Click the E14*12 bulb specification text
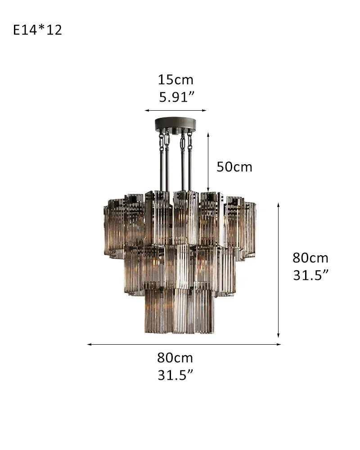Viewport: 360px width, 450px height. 37,30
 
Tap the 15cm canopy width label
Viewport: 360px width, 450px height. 175,80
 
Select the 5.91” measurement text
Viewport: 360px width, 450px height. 175,97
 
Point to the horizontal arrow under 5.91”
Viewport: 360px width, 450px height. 175,110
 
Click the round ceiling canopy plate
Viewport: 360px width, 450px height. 175,124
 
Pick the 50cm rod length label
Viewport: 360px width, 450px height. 234,167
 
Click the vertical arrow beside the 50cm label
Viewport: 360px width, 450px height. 208,162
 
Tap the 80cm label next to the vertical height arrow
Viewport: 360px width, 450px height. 310,258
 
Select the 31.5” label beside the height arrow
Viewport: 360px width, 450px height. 310,275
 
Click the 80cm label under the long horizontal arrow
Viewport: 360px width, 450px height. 175,358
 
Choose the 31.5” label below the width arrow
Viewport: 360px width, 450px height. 175,375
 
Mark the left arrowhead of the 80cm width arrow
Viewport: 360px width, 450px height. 89,344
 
